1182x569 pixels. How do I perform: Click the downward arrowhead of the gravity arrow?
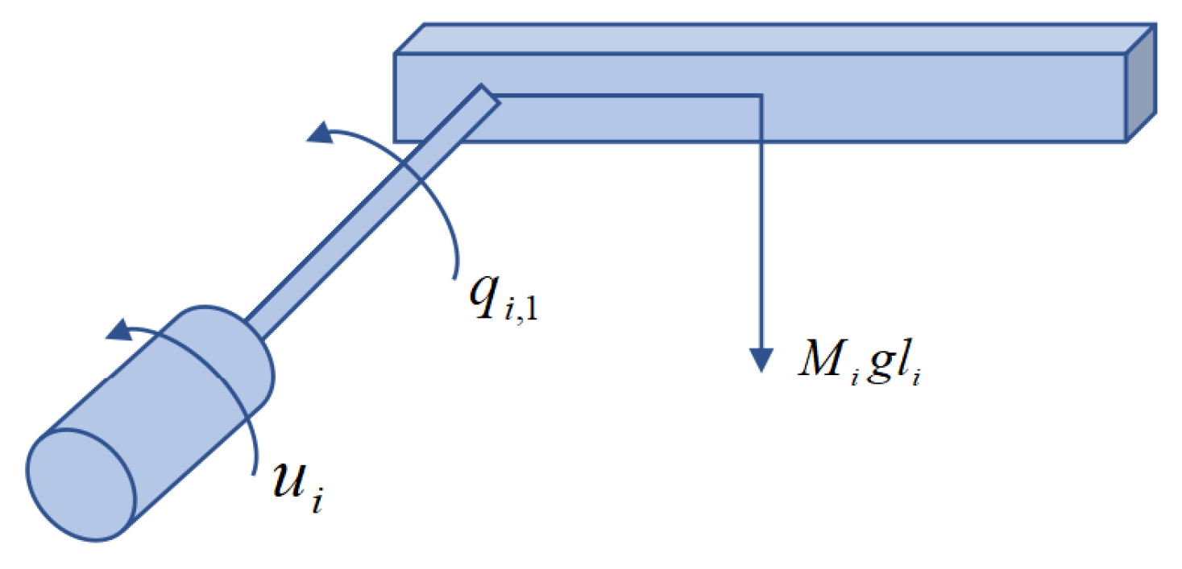tap(760, 359)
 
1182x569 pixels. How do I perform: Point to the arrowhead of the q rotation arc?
tap(320, 134)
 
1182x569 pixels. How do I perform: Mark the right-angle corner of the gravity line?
tap(760, 97)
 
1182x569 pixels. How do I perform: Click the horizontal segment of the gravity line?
tap(628, 97)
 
